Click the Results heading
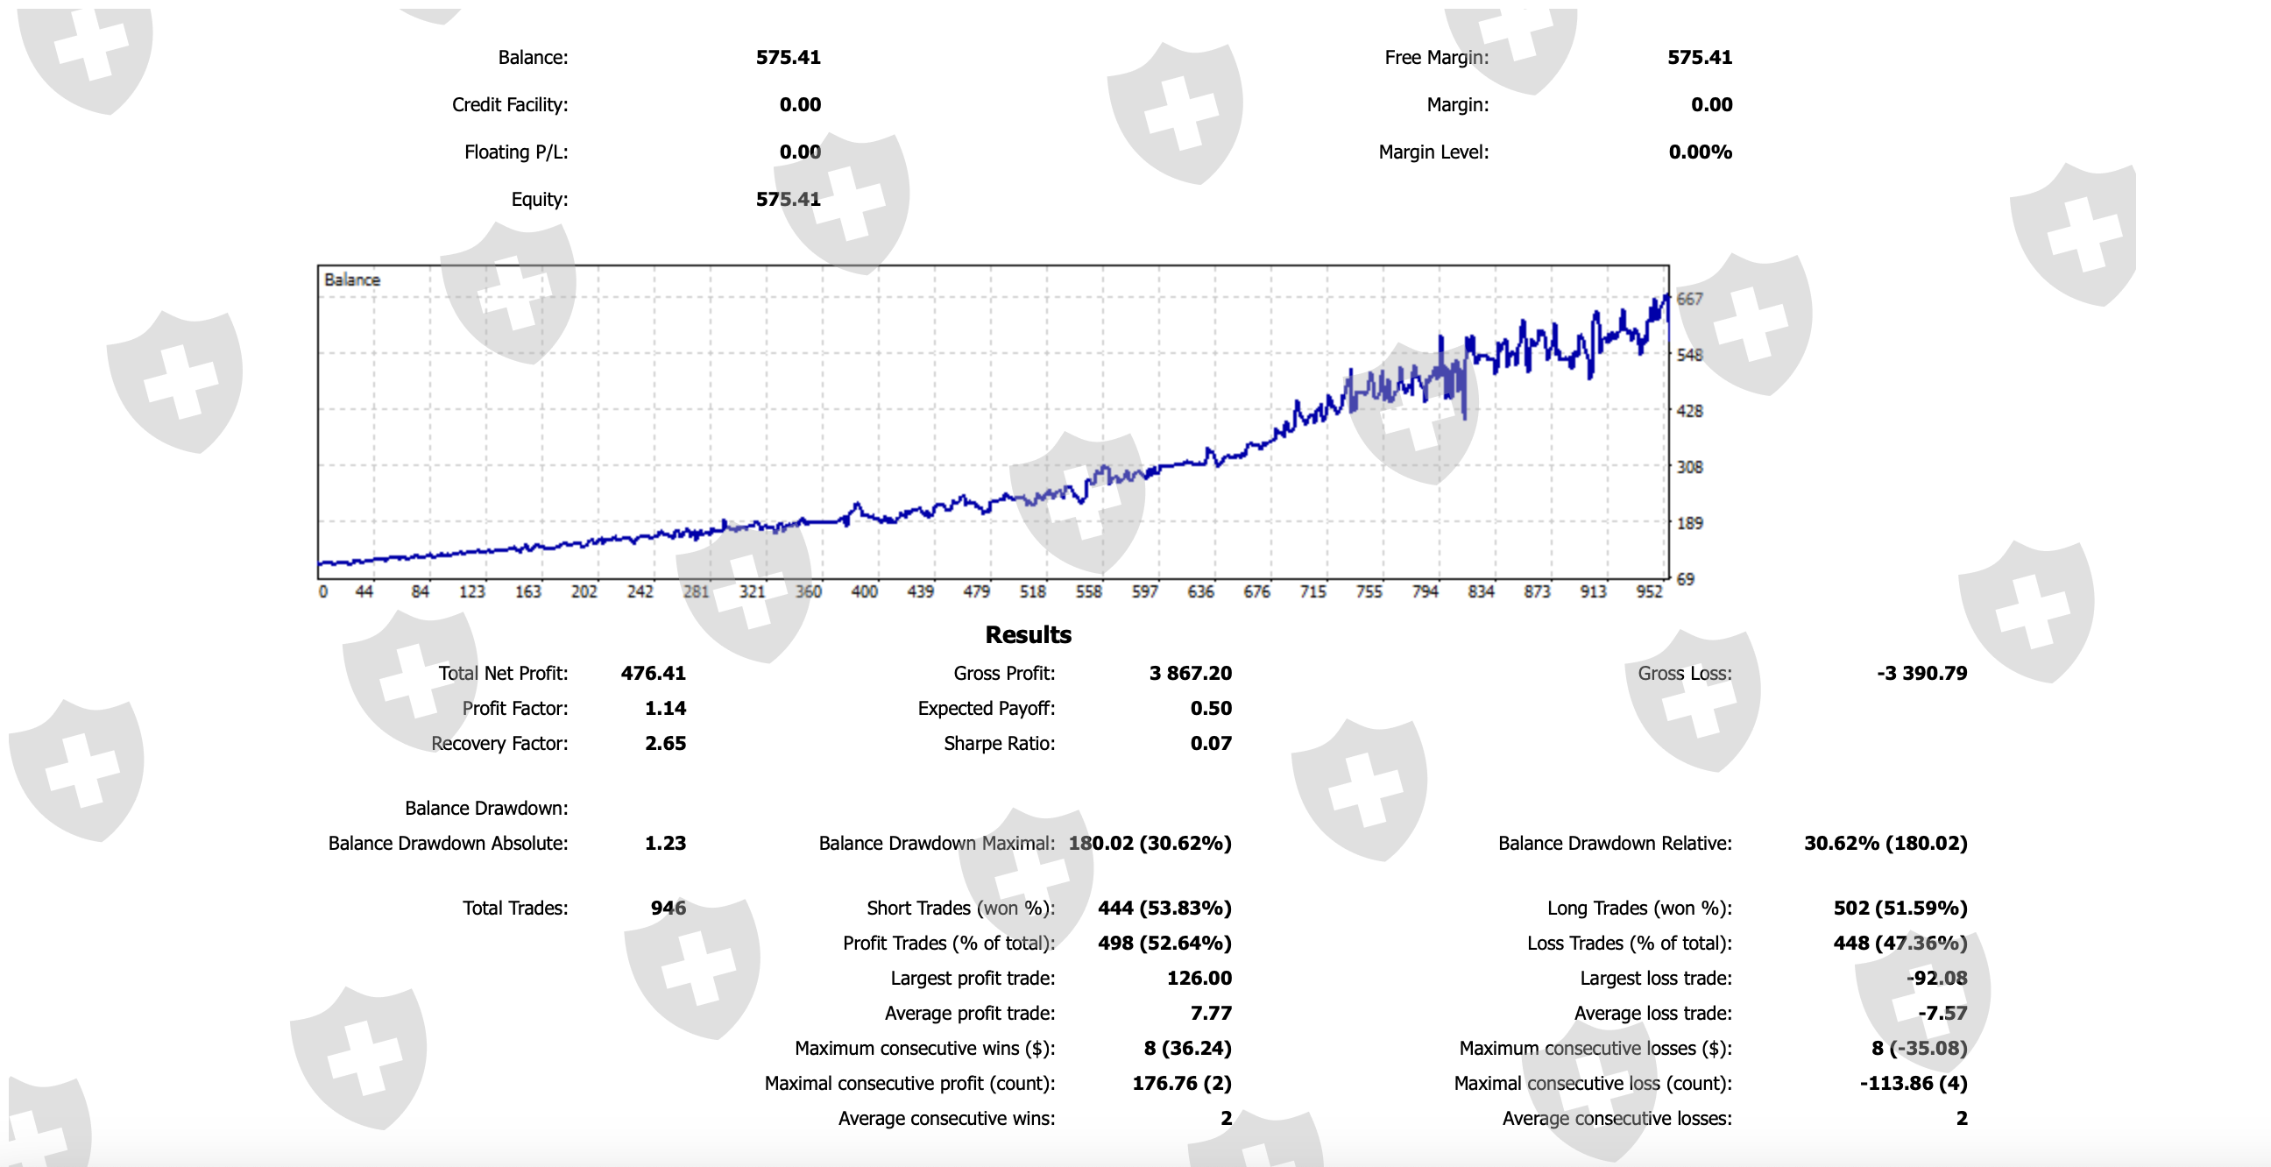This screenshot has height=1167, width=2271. (1028, 634)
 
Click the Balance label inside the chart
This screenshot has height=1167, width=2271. (351, 279)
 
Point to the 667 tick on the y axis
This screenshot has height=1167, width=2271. (1689, 299)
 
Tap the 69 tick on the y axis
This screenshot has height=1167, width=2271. (1685, 579)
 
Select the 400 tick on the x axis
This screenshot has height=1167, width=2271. (864, 591)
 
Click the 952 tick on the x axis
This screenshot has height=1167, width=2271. (1649, 591)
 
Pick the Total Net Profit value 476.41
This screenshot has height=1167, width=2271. (653, 674)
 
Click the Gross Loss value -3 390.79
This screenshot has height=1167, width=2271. (1921, 674)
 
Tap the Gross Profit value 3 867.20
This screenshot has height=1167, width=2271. (1189, 674)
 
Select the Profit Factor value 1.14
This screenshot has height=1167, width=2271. (665, 709)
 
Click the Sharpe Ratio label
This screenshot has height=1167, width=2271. (999, 744)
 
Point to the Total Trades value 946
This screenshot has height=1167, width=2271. (668, 908)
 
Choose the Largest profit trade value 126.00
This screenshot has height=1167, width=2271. (1198, 979)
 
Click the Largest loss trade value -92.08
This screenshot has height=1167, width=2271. (1936, 979)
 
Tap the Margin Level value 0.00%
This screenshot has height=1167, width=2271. (1700, 152)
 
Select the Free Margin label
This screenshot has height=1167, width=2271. (1436, 57)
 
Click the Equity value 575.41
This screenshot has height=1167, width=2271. (788, 199)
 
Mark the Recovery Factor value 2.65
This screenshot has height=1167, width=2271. (665, 744)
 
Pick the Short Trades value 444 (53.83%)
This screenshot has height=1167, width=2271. (1164, 908)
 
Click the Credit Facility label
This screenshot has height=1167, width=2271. (510, 105)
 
